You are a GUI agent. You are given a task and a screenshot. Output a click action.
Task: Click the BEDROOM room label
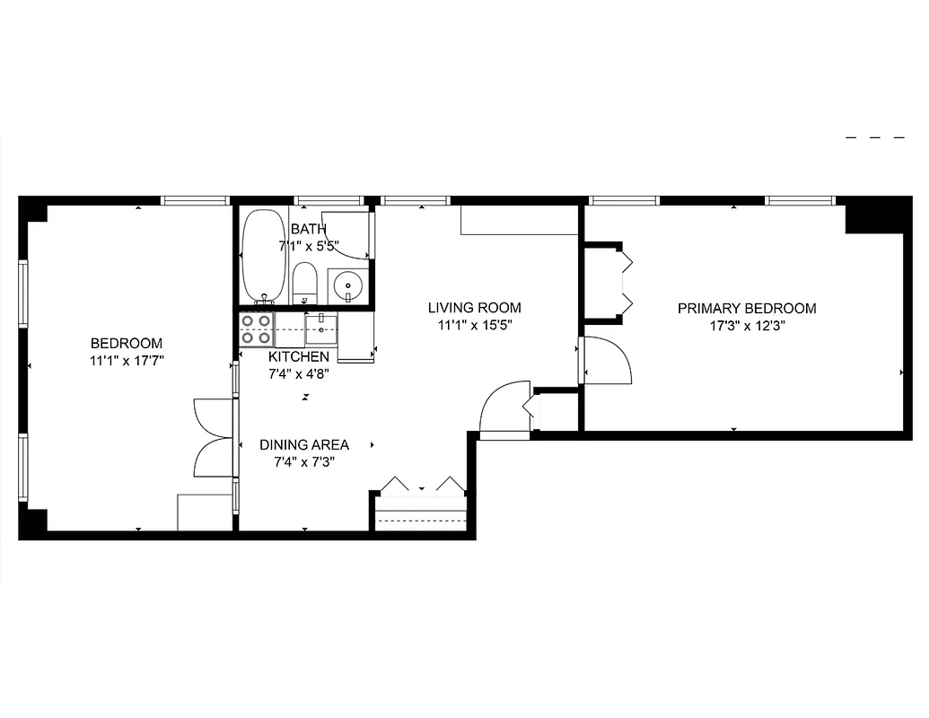click(127, 343)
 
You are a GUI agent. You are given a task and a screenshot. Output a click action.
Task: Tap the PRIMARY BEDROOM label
click(747, 309)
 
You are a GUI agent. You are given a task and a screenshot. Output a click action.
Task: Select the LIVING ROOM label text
click(474, 308)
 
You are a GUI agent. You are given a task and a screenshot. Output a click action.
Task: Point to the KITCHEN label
click(299, 356)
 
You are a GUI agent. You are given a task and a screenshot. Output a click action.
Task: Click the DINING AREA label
click(304, 444)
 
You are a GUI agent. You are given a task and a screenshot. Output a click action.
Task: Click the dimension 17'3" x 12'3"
click(747, 327)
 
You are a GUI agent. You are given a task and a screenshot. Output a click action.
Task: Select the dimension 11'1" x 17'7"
click(127, 361)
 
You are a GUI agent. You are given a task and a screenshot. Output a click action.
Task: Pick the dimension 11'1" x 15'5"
click(474, 326)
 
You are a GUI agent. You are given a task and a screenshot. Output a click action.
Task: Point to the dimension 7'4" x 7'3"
click(304, 463)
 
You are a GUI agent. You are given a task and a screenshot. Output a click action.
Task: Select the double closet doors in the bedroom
click(214, 438)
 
